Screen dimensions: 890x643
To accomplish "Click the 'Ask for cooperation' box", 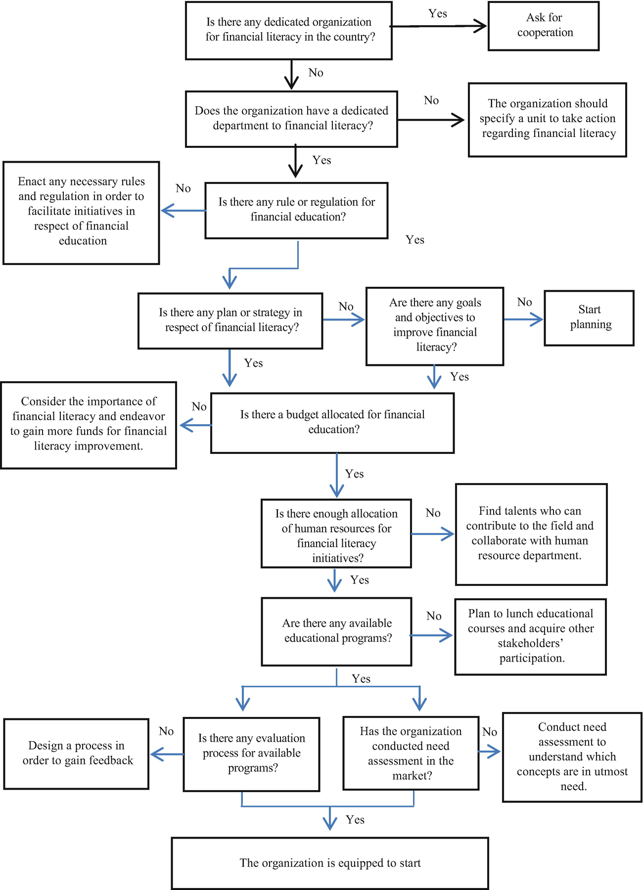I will pyautogui.click(x=543, y=26).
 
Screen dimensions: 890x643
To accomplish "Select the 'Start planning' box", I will pyautogui.click(x=589, y=317).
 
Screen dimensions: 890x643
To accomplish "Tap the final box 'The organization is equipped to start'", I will pyautogui.click(x=330, y=863).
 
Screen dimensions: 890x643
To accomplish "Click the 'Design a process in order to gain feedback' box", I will pyautogui.click(x=77, y=754).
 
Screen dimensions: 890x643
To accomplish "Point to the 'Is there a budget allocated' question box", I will pyautogui.click(x=332, y=423).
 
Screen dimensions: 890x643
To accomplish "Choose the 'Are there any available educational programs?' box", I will pyautogui.click(x=336, y=631).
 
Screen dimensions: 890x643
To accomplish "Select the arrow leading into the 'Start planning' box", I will pyautogui.click(x=523, y=320).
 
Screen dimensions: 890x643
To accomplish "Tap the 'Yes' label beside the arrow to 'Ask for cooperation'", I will pyautogui.click(x=438, y=14).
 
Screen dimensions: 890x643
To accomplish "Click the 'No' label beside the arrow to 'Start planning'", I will pyautogui.click(x=524, y=302).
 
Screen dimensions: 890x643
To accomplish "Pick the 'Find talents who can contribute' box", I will pyautogui.click(x=531, y=534).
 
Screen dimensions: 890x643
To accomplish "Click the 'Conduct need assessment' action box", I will pyautogui.click(x=572, y=756).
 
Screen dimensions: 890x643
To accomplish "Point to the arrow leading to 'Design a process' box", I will pyautogui.click(x=167, y=754).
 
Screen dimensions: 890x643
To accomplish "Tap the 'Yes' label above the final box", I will pyautogui.click(x=355, y=820).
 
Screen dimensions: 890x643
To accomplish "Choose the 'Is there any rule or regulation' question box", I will pyautogui.click(x=296, y=210).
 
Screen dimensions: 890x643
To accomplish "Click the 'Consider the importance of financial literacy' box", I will pyautogui.click(x=89, y=425).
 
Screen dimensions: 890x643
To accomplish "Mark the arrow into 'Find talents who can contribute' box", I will pyautogui.click(x=433, y=534).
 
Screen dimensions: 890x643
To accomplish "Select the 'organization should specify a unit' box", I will pyautogui.click(x=547, y=119).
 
